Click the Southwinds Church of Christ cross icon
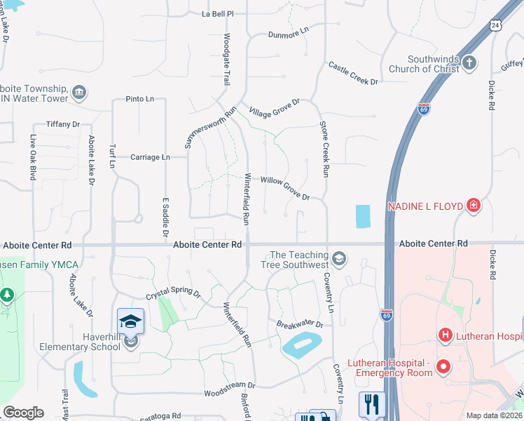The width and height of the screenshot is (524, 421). [469, 64]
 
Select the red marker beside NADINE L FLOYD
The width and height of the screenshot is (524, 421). [474, 206]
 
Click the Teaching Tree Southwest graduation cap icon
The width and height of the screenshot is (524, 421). [339, 259]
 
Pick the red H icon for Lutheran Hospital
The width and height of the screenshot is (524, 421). [444, 336]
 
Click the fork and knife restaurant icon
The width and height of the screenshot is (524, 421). [372, 403]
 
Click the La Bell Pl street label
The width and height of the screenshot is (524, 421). [217, 13]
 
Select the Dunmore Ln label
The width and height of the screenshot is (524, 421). [288, 32]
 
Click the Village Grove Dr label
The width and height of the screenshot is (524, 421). [274, 108]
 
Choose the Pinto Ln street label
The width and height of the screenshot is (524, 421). [140, 99]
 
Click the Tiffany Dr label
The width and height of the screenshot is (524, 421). [63, 124]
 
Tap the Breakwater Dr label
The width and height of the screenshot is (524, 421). [299, 325]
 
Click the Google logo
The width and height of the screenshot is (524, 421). [22, 413]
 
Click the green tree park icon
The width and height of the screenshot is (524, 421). [8, 295]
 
